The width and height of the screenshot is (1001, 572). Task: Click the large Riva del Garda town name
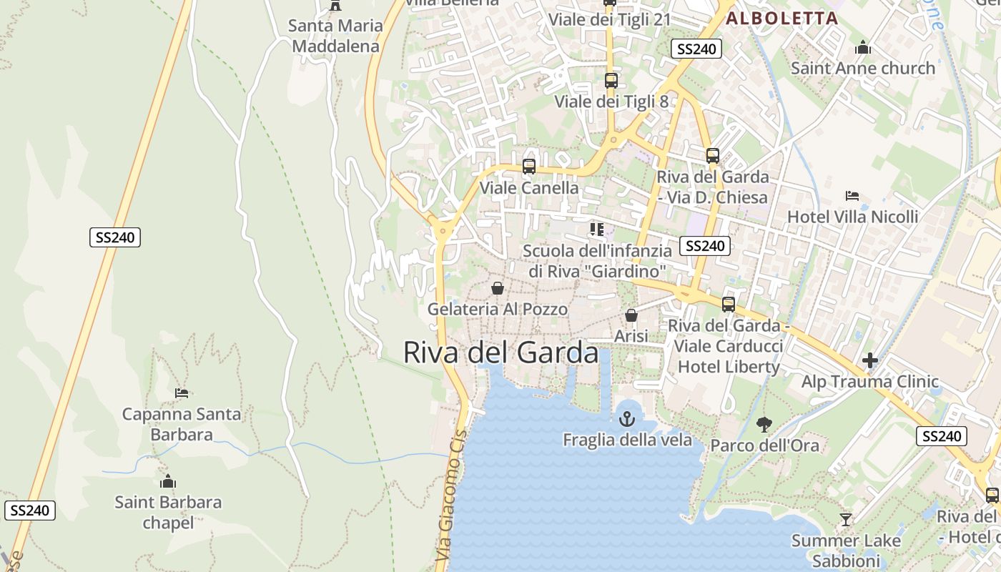coord(500,352)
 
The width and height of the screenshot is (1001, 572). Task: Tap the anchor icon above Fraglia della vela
coord(627,419)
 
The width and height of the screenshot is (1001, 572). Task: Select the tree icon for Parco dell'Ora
coord(764,425)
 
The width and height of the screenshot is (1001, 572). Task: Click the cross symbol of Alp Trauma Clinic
coord(869,360)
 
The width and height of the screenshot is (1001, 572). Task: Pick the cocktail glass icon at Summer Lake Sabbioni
coord(846,519)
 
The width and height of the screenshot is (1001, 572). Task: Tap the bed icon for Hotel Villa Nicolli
coord(852,195)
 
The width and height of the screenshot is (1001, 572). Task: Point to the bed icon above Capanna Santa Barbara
coord(182,393)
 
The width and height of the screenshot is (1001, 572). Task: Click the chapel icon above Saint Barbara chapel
coord(168,481)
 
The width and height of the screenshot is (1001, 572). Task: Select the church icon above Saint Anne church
coord(863,47)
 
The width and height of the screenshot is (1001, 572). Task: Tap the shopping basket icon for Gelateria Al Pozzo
coord(497,288)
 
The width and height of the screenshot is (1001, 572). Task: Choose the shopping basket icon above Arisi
coord(631,315)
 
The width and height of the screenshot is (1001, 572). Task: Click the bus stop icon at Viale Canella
coord(529,167)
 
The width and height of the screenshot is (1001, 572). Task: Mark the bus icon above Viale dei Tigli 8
coord(611,80)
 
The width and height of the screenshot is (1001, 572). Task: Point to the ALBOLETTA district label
coord(781,19)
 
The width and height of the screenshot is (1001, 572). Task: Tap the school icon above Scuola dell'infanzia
coord(596,230)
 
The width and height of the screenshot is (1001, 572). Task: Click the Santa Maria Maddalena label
coord(335,36)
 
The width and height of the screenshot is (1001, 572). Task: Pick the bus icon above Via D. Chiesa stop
coord(713,155)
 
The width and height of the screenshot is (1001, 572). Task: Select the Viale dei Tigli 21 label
coord(609,19)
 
